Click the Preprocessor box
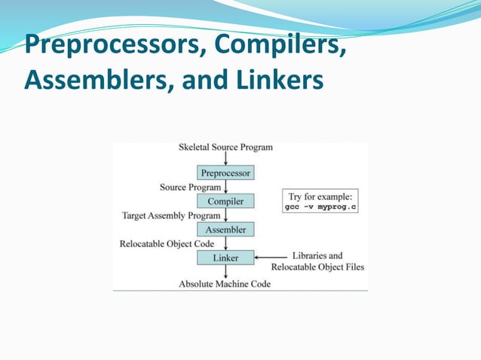tap(225, 173)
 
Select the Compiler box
tap(225, 201)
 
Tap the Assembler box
tap(225, 229)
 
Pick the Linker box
tap(225, 258)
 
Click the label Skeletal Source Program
tap(225, 148)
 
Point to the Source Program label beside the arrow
tap(191, 187)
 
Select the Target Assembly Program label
tap(171, 215)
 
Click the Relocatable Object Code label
tap(167, 243)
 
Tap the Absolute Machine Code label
tap(224, 284)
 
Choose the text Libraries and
tap(317, 255)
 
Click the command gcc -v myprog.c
tap(320, 206)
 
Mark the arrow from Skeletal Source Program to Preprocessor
tap(225, 159)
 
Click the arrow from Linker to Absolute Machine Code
tap(225, 272)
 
